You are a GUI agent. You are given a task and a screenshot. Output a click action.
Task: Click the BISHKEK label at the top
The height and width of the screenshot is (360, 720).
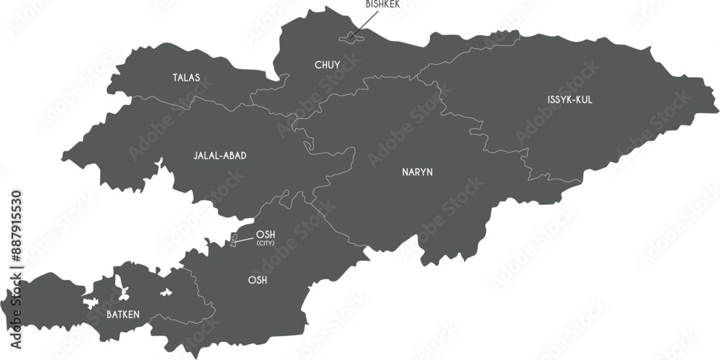point(382,4)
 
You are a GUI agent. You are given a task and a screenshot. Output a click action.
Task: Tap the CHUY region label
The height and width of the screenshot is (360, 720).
point(327,65)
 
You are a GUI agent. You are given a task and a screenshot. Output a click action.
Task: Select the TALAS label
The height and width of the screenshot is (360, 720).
point(186,77)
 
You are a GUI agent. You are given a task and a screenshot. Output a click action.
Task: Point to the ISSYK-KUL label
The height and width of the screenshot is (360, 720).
point(570,99)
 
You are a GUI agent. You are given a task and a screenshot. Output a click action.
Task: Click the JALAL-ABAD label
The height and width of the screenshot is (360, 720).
point(220,155)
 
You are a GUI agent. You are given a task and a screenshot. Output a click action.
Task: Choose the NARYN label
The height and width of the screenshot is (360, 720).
point(417,172)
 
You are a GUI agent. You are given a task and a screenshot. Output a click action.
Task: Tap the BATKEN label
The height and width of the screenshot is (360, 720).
point(123,314)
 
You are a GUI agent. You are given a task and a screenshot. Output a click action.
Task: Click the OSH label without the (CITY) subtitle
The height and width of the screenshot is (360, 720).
point(257,280)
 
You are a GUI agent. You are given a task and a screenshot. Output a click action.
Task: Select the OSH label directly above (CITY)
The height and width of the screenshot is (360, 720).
point(266,234)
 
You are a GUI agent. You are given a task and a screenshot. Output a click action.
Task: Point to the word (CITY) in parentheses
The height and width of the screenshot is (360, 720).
point(266,243)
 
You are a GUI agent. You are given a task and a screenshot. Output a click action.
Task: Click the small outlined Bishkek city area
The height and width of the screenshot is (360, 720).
point(351,35)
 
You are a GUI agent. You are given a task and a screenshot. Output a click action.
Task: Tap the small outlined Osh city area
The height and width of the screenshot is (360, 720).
point(233,240)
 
